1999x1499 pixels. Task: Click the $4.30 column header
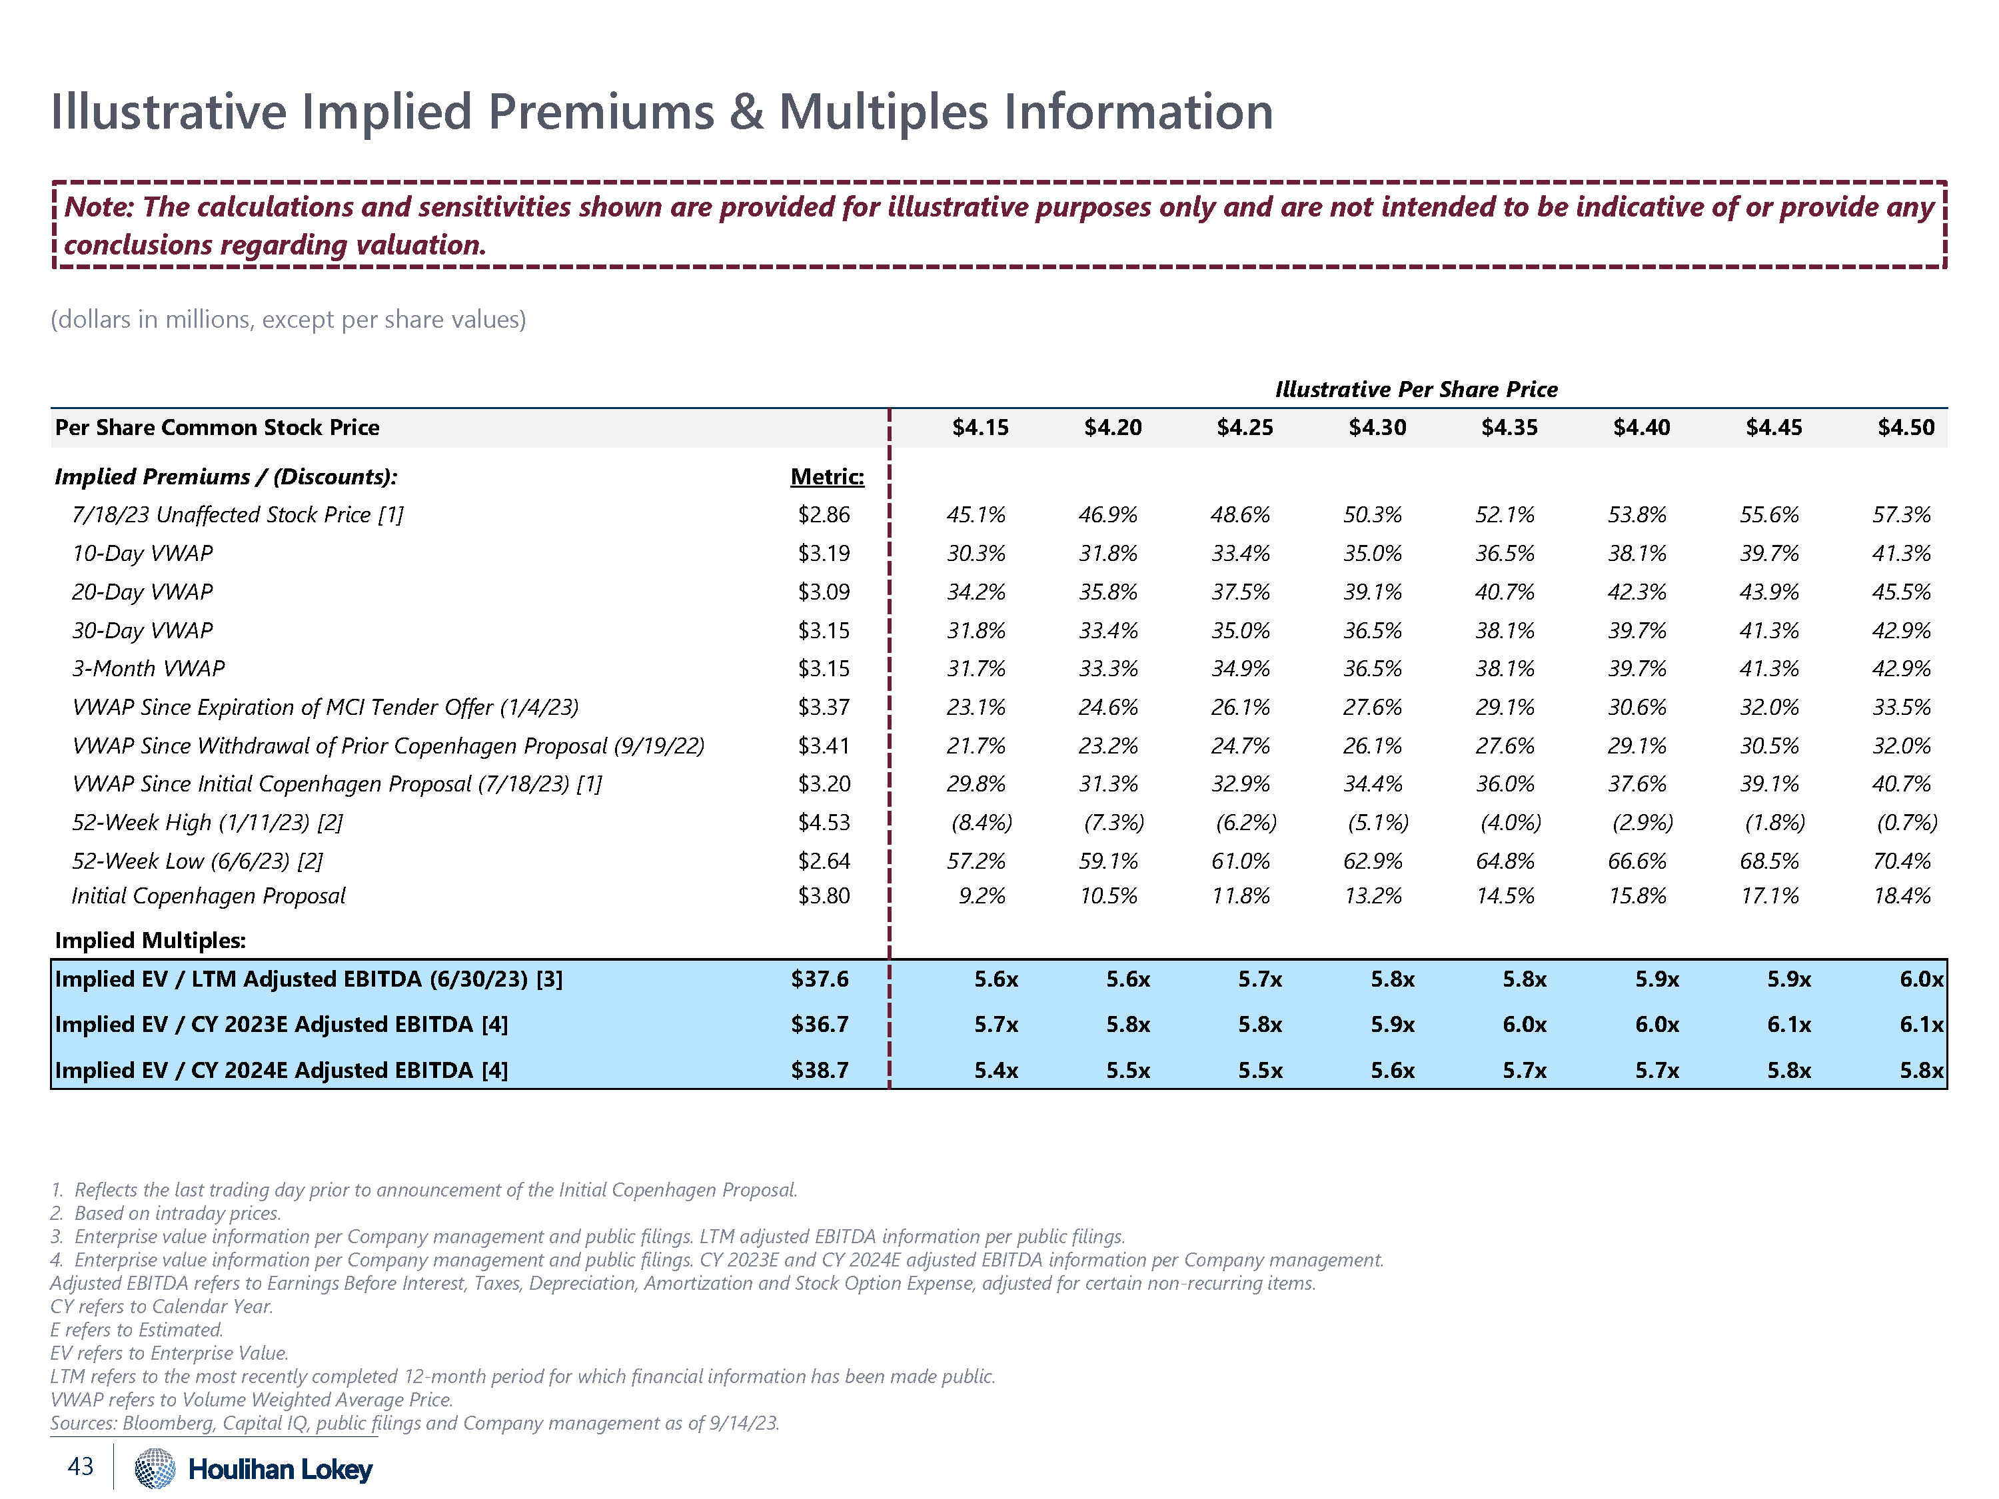(x=1377, y=428)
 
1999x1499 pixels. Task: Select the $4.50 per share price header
(x=1906, y=428)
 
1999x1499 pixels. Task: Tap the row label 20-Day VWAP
(x=142, y=592)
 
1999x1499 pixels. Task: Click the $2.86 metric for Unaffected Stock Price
(x=824, y=515)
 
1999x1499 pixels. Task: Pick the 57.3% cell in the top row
(x=1902, y=515)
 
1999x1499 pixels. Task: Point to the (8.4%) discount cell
(x=982, y=822)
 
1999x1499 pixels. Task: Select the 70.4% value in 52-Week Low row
(x=1902, y=861)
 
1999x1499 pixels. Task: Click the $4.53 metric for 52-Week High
(x=824, y=822)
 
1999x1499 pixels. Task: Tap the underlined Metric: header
(x=827, y=476)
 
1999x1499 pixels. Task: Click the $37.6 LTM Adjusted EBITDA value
(x=820, y=979)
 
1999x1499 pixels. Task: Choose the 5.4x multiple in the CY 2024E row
(x=996, y=1071)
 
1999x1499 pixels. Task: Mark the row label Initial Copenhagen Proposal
(x=209, y=895)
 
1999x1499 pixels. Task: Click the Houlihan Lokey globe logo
(x=155, y=1468)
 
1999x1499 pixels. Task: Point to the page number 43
(x=81, y=1466)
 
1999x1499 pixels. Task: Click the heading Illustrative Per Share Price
(x=1416, y=390)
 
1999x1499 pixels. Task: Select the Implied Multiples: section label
(x=150, y=941)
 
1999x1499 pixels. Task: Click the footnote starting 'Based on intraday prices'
(x=177, y=1213)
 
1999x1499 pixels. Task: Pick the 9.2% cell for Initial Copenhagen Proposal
(x=982, y=895)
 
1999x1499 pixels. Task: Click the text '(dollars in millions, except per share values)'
(x=289, y=319)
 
